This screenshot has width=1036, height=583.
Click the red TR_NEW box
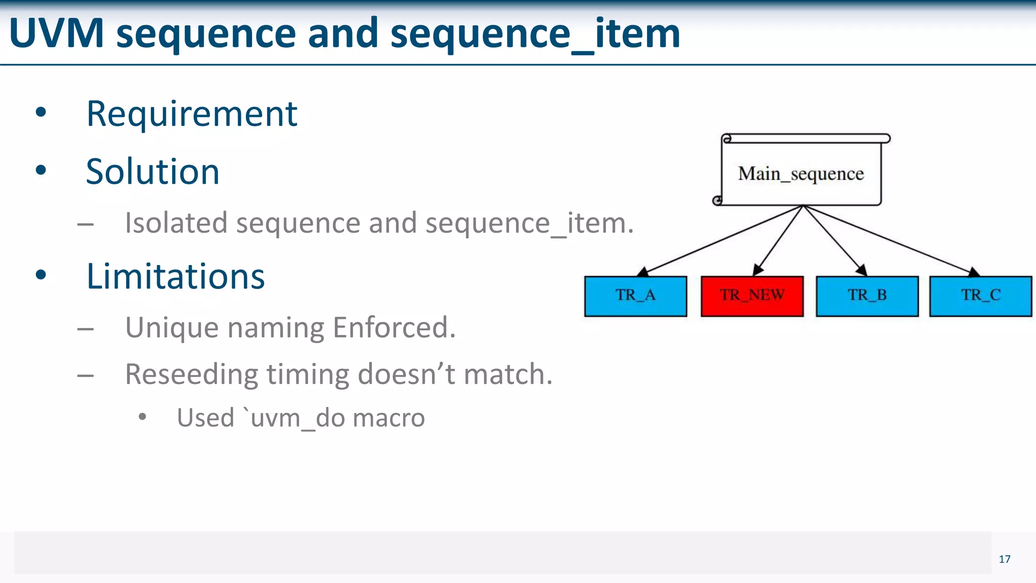(x=752, y=296)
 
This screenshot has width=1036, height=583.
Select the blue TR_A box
(x=635, y=296)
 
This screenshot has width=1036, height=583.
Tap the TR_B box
(x=867, y=296)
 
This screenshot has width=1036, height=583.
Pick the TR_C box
(x=980, y=296)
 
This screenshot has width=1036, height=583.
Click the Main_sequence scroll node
(x=801, y=174)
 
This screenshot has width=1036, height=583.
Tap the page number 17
(x=1004, y=559)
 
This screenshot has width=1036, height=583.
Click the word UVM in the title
(x=56, y=34)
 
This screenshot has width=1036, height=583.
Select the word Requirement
(x=192, y=114)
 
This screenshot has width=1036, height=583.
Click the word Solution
(x=153, y=172)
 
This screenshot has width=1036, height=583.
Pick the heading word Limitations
(x=176, y=277)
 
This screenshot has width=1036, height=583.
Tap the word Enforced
(x=394, y=327)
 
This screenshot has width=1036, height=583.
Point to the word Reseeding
(x=191, y=374)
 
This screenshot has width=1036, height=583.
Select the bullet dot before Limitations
(x=41, y=275)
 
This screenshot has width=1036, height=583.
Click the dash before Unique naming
(x=85, y=329)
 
